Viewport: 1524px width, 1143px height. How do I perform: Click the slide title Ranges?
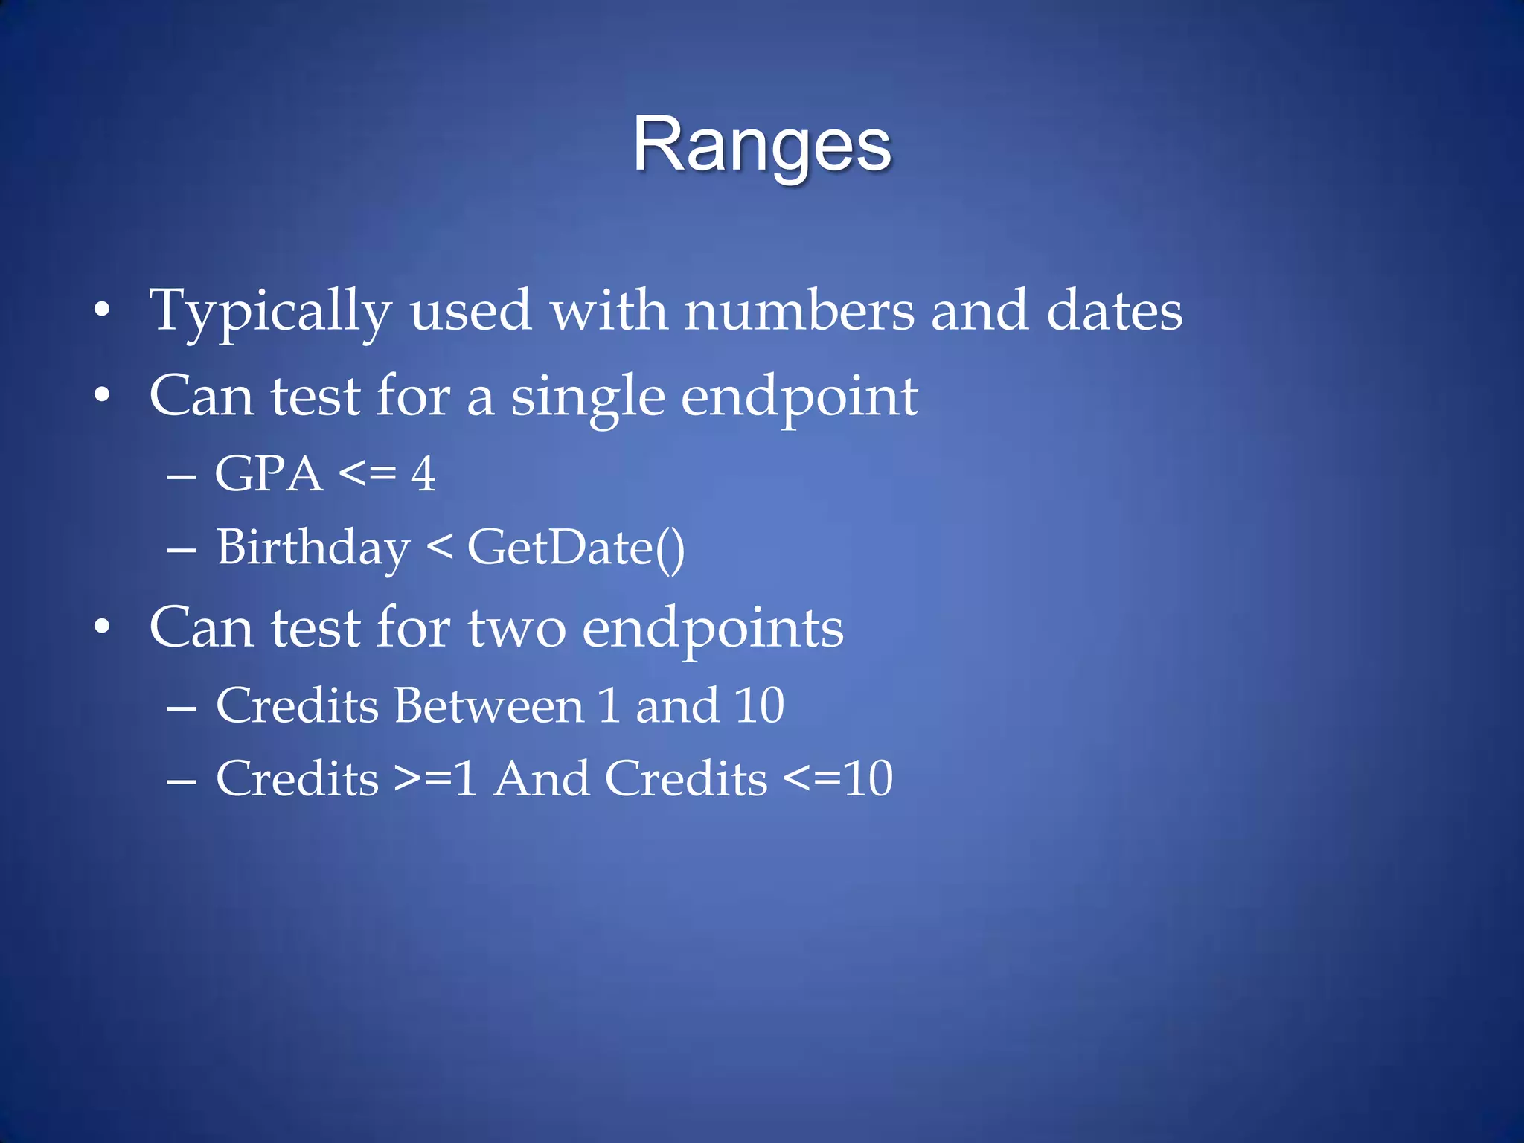pos(761,145)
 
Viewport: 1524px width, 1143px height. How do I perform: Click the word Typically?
pos(270,311)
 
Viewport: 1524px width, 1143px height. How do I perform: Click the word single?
pos(587,397)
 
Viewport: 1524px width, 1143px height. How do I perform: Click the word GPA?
pos(269,474)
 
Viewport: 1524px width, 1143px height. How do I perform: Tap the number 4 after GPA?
pos(423,474)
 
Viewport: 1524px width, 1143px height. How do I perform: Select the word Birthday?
pos(313,548)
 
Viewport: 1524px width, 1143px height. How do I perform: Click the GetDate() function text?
pos(576,548)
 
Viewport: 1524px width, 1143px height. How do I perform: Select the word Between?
pos(489,705)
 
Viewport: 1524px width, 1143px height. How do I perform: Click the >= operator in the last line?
pos(423,779)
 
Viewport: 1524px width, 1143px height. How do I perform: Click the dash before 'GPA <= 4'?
pos(182,476)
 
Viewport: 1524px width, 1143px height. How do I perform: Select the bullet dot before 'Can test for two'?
pos(102,627)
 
